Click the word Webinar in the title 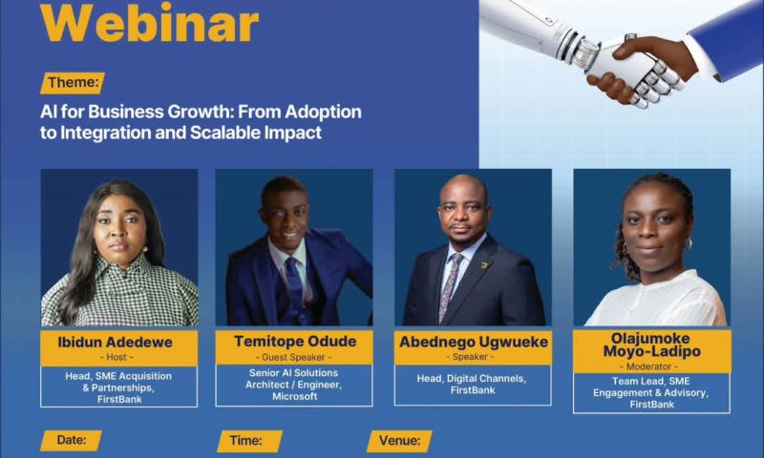[150, 23]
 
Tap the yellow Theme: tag [73, 83]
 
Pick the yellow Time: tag [249, 440]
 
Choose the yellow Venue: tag [399, 440]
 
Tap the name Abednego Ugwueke [473, 341]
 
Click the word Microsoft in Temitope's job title [294, 395]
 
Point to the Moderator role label [652, 365]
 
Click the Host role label [119, 357]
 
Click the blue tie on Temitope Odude [293, 286]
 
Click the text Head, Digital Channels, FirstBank [473, 384]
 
